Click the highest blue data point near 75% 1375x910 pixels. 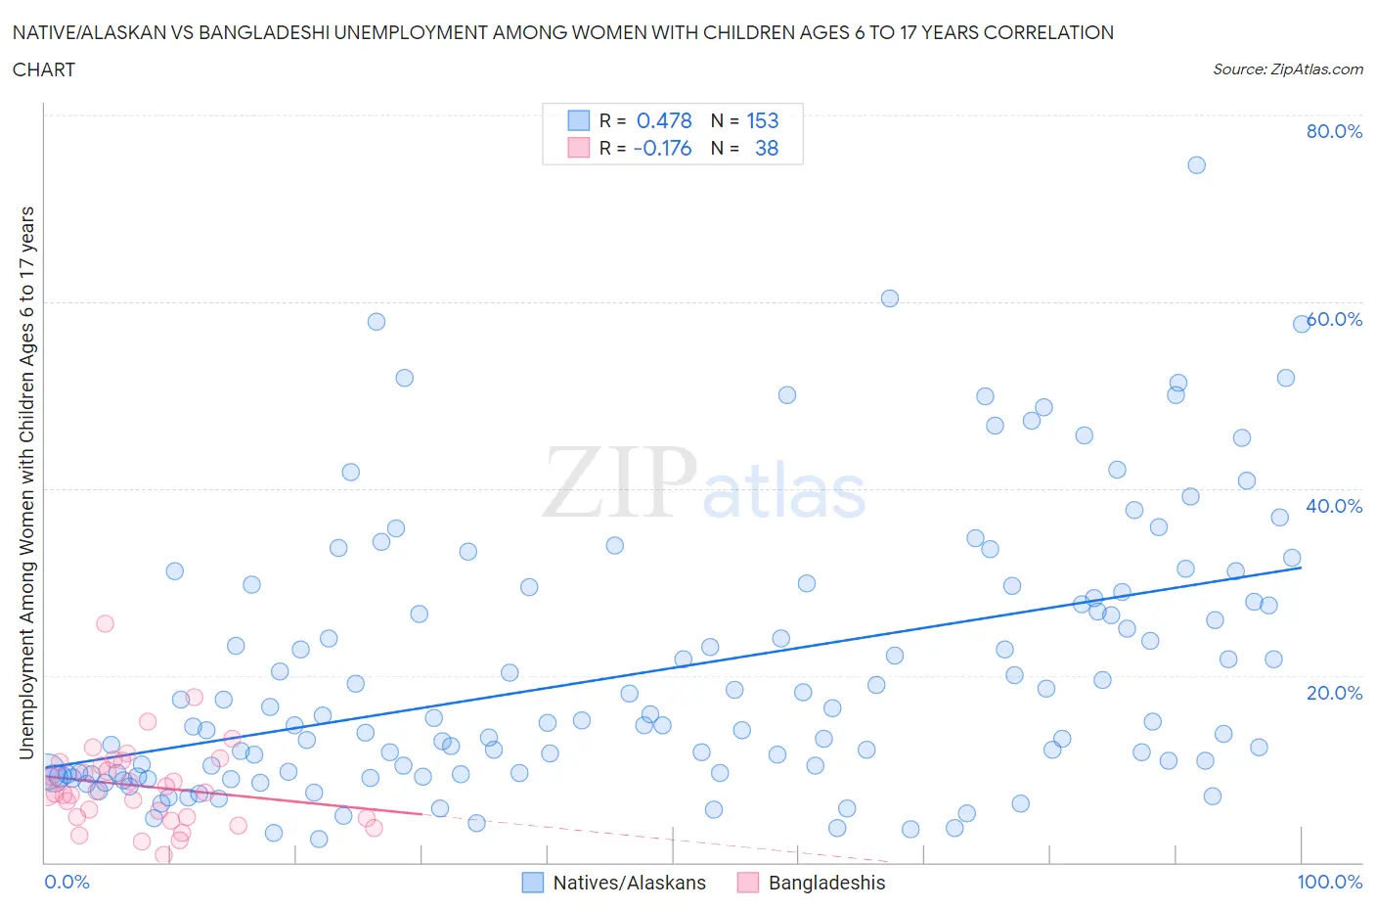(x=1196, y=164)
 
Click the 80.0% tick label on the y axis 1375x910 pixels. (x=1334, y=131)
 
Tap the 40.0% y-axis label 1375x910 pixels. (x=1334, y=506)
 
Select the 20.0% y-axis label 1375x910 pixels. (x=1334, y=693)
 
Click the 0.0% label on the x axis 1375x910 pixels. (x=67, y=882)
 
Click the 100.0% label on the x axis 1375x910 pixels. (x=1329, y=882)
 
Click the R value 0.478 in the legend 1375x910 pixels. (x=664, y=120)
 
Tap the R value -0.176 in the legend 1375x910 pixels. (x=662, y=148)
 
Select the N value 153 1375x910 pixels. (x=763, y=120)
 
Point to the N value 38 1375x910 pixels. (x=767, y=148)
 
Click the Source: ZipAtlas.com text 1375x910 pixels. (x=1287, y=68)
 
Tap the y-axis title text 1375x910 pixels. (x=26, y=482)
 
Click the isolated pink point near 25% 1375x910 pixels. (x=105, y=623)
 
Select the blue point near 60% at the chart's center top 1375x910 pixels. (x=889, y=298)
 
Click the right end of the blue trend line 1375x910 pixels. (x=1301, y=568)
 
